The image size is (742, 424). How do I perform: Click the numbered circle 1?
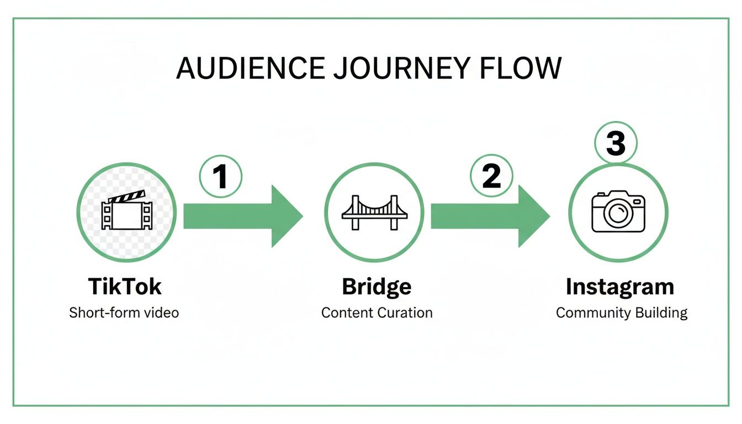220,177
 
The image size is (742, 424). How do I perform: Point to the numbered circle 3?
616,143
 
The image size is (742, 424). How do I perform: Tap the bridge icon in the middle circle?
374,213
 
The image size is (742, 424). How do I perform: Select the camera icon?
618,212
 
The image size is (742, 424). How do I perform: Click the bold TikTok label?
125,287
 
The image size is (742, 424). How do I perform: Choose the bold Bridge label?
377,287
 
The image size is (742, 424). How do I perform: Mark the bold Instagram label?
620,287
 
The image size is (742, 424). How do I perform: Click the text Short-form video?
124,312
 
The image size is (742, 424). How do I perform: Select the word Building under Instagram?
661,313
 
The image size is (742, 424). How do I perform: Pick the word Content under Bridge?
347,312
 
